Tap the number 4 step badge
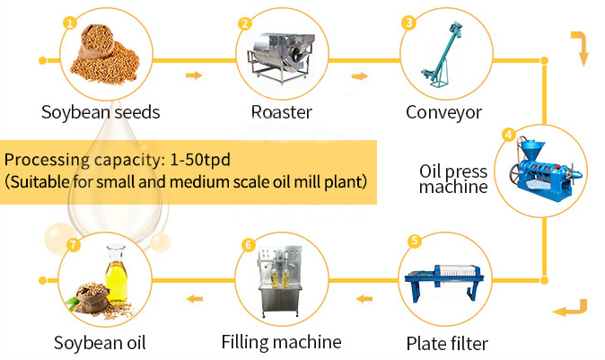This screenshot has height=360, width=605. pos(508,136)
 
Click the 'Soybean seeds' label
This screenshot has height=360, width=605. pos(101,113)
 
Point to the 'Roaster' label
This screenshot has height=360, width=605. pos(281,113)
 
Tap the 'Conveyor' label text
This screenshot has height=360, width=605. pos(443,113)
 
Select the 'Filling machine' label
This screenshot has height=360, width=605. pos(281,342)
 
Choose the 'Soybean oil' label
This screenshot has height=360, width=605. pos(100,343)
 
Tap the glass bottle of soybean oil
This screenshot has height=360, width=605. pos(115,277)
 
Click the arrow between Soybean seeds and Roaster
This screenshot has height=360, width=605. pos(193,75)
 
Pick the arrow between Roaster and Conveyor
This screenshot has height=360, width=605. pos(359,75)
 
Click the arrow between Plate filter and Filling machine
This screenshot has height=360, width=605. pos(362,299)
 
